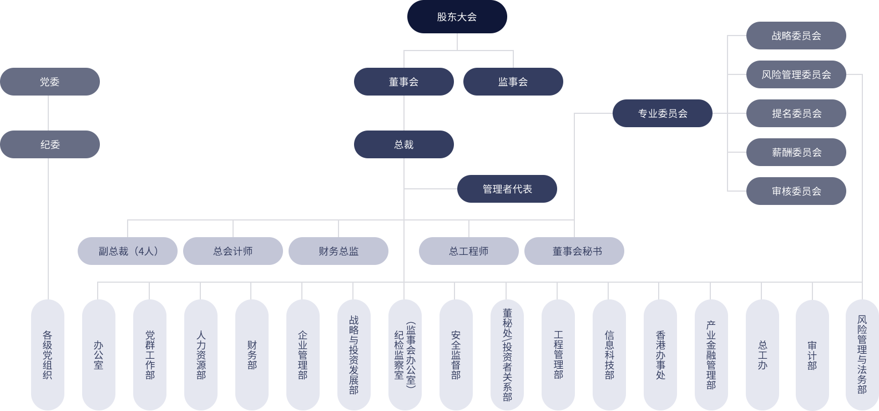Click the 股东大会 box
click(x=457, y=17)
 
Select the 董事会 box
click(x=403, y=82)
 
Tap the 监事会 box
click(x=513, y=82)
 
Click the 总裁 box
click(x=403, y=144)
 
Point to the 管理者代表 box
click(x=507, y=189)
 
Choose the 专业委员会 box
click(x=662, y=113)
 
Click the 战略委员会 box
click(x=796, y=36)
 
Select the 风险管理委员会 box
click(x=796, y=74)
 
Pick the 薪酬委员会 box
click(x=796, y=152)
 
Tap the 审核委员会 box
click(x=796, y=191)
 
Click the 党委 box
click(x=50, y=82)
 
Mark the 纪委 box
click(x=50, y=144)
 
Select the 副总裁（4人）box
click(x=127, y=251)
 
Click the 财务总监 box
click(x=338, y=251)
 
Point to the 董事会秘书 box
click(x=574, y=251)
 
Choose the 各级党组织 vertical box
click(x=47, y=354)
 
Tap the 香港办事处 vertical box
click(x=660, y=354)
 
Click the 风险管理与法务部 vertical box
click(x=861, y=354)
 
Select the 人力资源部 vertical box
click(x=200, y=354)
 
